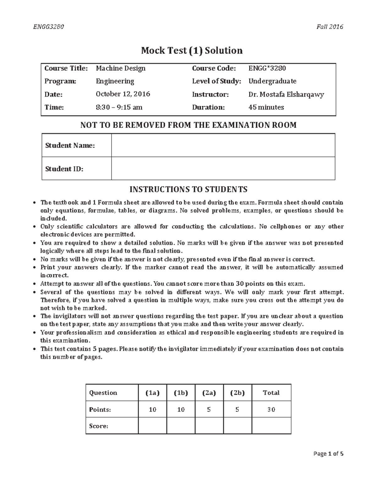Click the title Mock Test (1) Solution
tap(192, 50)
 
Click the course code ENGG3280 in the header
tap(49, 27)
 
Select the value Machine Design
tap(121, 68)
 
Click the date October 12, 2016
tap(123, 94)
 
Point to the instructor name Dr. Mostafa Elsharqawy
tap(286, 94)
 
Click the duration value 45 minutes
tap(266, 107)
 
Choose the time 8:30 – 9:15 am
tap(119, 107)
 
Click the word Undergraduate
tap(272, 81)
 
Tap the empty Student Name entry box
tap(223, 145)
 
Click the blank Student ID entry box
tap(223, 168)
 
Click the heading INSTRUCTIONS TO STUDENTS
tap(188, 189)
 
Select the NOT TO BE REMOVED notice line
tap(188, 125)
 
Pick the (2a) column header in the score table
tap(209, 392)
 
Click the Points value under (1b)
tap(181, 409)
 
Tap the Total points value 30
tap(271, 409)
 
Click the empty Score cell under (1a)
tap(152, 426)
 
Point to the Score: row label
tap(99, 426)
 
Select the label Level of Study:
tap(216, 81)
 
